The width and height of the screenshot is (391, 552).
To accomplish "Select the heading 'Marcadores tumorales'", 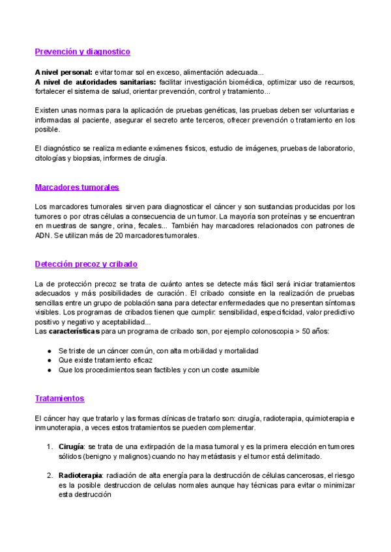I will pyautogui.click(x=77, y=187).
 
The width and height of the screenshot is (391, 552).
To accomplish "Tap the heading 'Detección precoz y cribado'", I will pyautogui.click(x=86, y=264).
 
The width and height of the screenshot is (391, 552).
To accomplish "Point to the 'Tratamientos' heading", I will pyautogui.click(x=59, y=398).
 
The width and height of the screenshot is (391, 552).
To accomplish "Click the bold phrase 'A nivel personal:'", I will pyautogui.click(x=63, y=72).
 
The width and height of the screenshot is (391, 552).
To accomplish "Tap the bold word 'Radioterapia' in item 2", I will pyautogui.click(x=85, y=476).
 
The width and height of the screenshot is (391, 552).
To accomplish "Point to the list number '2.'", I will pyautogui.click(x=50, y=476).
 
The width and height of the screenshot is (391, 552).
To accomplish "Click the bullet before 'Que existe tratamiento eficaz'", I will pyautogui.click(x=50, y=360).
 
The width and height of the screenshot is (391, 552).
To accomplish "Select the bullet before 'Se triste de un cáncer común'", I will pyautogui.click(x=50, y=350).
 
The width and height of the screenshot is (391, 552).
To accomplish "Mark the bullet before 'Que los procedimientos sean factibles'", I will pyautogui.click(x=50, y=370).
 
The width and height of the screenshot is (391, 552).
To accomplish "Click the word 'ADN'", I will pyautogui.click(x=43, y=236).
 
